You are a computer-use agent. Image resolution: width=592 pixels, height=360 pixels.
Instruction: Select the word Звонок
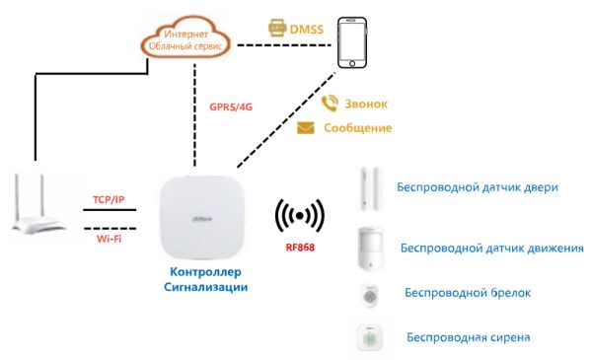(367, 104)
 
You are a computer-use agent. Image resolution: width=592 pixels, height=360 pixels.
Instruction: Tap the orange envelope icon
(306, 127)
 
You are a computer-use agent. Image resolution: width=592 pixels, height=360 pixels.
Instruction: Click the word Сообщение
(358, 128)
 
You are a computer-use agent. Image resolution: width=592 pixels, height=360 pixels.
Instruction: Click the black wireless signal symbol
(300, 214)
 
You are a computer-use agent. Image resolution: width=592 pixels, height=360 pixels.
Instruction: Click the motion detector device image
(370, 249)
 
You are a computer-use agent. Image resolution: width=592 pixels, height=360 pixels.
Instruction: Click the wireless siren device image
(370, 337)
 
